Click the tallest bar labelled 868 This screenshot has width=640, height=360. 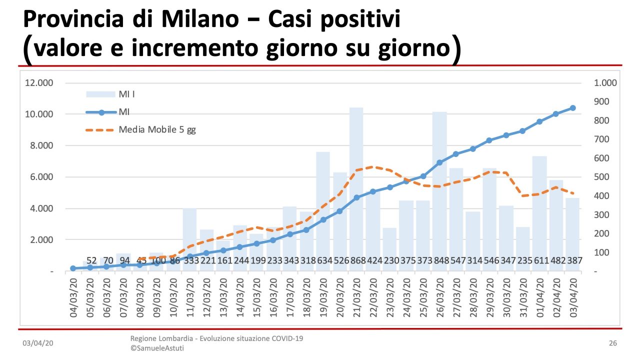[356, 185]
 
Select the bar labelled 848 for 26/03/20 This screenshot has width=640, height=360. [439, 190]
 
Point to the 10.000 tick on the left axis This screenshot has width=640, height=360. [39, 114]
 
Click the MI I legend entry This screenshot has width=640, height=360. [126, 94]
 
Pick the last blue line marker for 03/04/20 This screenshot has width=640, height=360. [572, 108]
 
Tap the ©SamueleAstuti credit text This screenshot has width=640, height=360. [157, 348]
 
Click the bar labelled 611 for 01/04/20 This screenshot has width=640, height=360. [539, 210]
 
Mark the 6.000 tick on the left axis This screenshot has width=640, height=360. [39, 177]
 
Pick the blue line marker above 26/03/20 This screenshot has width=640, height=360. [439, 162]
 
